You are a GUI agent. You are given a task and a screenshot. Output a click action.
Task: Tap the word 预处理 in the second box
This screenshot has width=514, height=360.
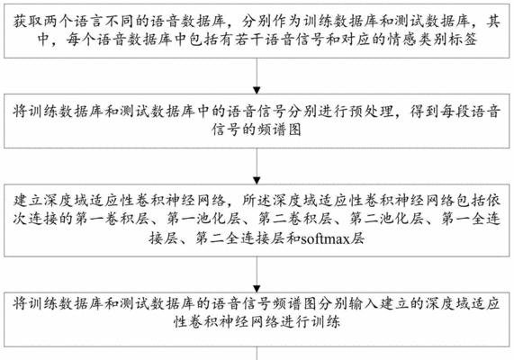370,112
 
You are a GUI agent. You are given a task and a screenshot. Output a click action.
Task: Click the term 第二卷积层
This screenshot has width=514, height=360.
294,219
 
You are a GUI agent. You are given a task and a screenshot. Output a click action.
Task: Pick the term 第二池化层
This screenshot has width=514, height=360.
386,219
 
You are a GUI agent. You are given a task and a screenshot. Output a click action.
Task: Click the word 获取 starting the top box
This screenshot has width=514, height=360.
29,22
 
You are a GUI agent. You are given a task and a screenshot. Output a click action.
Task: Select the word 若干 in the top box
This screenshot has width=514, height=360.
249,40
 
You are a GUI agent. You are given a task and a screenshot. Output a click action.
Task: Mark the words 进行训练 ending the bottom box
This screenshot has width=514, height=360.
310,321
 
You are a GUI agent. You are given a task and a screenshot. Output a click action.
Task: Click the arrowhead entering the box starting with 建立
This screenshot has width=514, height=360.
257,181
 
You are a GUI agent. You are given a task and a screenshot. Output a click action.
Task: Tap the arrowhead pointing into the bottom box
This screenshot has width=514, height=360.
257,289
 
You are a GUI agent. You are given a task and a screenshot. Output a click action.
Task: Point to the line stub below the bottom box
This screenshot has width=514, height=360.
257,354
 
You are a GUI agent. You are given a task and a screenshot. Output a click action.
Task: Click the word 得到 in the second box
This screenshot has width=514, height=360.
425,112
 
